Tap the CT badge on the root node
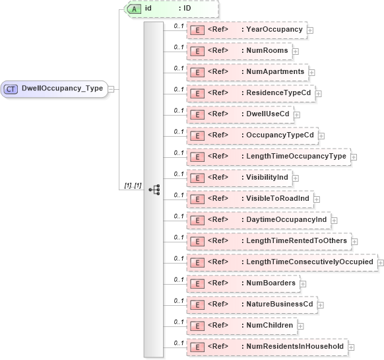click(11, 89)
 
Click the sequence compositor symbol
click(154, 189)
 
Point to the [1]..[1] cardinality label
click(133, 186)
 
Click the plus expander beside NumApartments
click(311, 72)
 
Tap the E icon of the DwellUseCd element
click(197, 114)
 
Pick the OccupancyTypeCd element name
click(280, 135)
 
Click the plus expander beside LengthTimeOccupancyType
click(354, 157)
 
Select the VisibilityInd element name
click(268, 178)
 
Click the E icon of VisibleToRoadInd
click(197, 199)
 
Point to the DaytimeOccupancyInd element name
click(287, 220)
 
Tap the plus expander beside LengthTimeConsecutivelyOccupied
click(380, 262)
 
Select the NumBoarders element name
click(271, 283)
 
